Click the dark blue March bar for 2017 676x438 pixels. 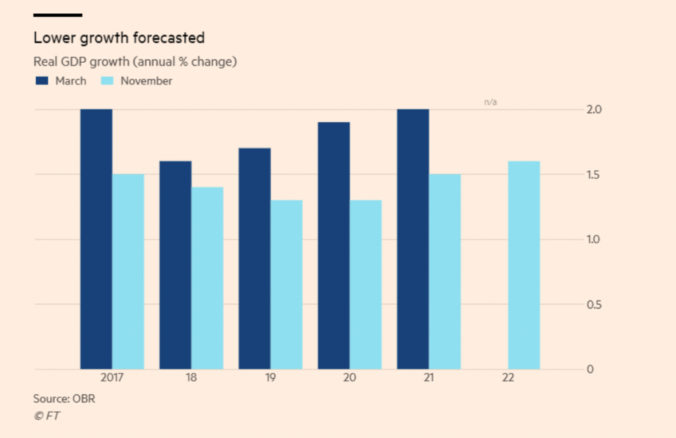[96, 238]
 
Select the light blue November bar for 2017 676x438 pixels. [128, 271]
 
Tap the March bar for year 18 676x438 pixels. [176, 264]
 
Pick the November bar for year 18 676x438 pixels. [207, 277]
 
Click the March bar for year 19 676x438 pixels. [255, 258]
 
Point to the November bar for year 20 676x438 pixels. [366, 284]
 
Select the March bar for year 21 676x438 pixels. [413, 238]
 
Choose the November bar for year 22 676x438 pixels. [524, 264]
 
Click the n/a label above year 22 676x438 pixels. [490, 102]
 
